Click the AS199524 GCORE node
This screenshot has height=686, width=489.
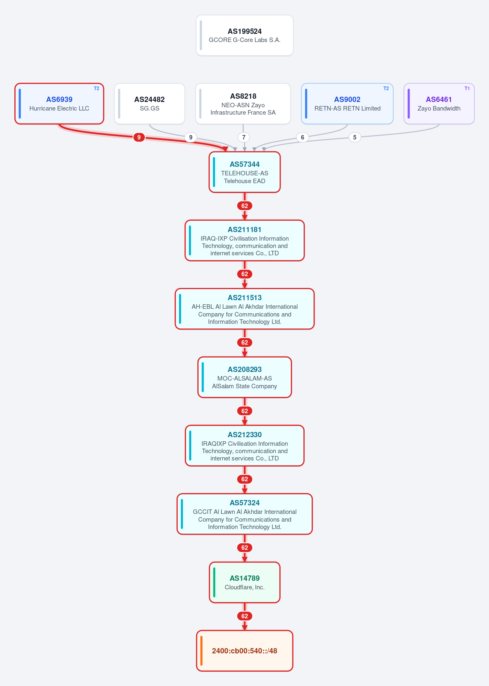pyautogui.click(x=245, y=35)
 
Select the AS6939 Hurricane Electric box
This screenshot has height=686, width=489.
pyautogui.click(x=60, y=104)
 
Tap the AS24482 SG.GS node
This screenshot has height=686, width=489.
pyautogui.click(x=149, y=104)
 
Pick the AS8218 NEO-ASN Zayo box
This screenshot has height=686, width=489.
pyautogui.click(x=243, y=104)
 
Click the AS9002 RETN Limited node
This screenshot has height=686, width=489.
pyautogui.click(x=347, y=104)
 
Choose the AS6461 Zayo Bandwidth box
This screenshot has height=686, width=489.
pyautogui.click(x=439, y=104)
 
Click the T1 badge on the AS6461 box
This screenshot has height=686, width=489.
pyautogui.click(x=467, y=89)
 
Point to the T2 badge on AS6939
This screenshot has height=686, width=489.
pyautogui.click(x=96, y=89)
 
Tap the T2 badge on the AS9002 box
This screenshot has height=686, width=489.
pyautogui.click(x=386, y=89)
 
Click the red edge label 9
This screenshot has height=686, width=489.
pyautogui.click(x=139, y=137)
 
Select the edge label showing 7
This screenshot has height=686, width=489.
pyautogui.click(x=244, y=137)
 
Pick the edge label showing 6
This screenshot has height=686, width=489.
pyautogui.click(x=303, y=137)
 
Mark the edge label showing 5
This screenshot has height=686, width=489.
pyautogui.click(x=355, y=137)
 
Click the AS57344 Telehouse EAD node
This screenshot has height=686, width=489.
pyautogui.click(x=245, y=172)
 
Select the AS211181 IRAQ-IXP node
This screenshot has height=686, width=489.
pyautogui.click(x=245, y=240)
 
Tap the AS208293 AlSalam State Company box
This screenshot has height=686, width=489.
pyautogui.click(x=245, y=377)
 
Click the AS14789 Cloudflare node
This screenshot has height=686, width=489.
pyautogui.click(x=245, y=582)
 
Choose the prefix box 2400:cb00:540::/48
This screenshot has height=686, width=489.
pyautogui.click(x=245, y=651)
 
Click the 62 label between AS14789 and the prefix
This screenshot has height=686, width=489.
pyautogui.click(x=245, y=616)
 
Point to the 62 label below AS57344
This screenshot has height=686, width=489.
pyautogui.click(x=245, y=206)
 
